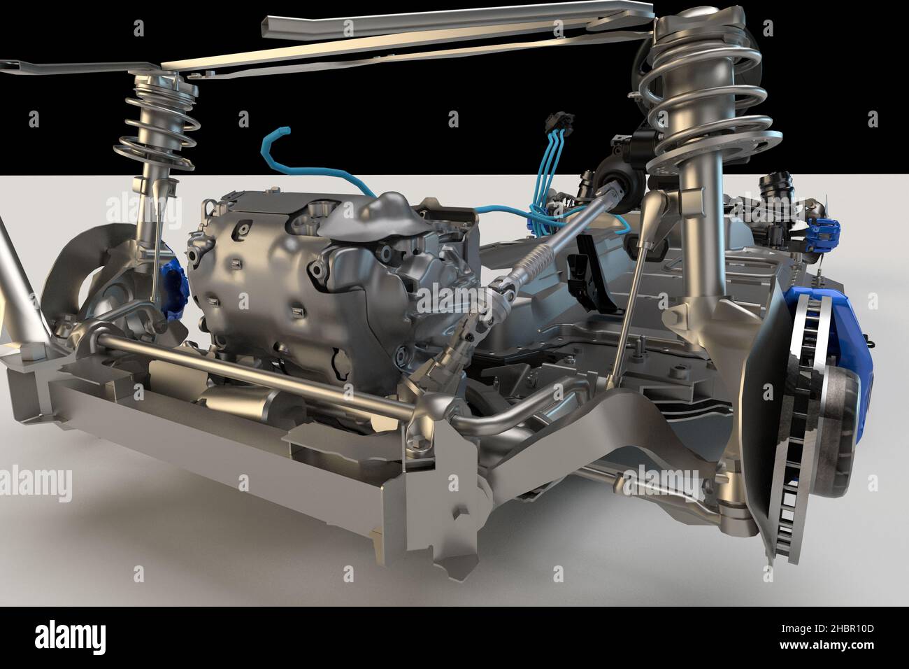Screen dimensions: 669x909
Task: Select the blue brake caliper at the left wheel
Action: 172,287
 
